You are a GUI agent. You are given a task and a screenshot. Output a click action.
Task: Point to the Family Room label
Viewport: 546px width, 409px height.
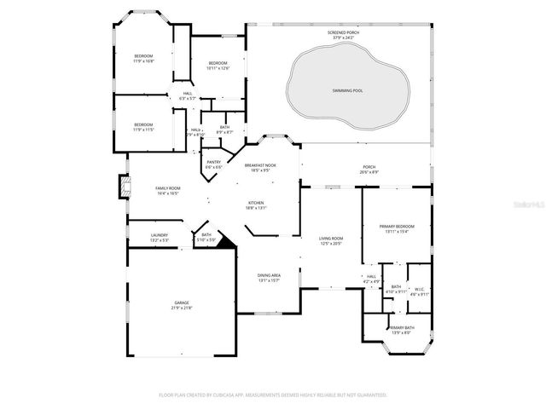(167, 191)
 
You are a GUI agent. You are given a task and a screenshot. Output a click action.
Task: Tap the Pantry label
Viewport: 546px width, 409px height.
(213, 164)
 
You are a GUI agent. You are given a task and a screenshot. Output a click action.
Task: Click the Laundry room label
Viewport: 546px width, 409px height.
(160, 238)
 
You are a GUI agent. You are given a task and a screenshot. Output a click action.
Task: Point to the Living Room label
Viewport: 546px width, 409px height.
(330, 240)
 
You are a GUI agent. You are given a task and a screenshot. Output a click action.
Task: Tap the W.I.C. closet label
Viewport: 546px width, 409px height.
(419, 291)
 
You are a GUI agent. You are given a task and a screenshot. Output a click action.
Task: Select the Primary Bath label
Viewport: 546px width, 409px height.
(401, 330)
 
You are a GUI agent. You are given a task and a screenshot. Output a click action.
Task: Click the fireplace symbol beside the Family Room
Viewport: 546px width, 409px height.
(123, 187)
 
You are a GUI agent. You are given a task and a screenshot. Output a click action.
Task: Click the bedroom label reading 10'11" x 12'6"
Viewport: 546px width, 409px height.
(218, 65)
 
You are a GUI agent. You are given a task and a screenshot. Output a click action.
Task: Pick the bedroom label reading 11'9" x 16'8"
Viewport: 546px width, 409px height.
(143, 59)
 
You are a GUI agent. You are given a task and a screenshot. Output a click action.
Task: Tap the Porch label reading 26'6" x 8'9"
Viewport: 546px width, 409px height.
(369, 170)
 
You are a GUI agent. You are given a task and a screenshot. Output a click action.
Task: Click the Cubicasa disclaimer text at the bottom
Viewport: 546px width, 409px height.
(273, 395)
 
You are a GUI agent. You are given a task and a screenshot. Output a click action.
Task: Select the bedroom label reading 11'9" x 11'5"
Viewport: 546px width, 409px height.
(143, 127)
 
